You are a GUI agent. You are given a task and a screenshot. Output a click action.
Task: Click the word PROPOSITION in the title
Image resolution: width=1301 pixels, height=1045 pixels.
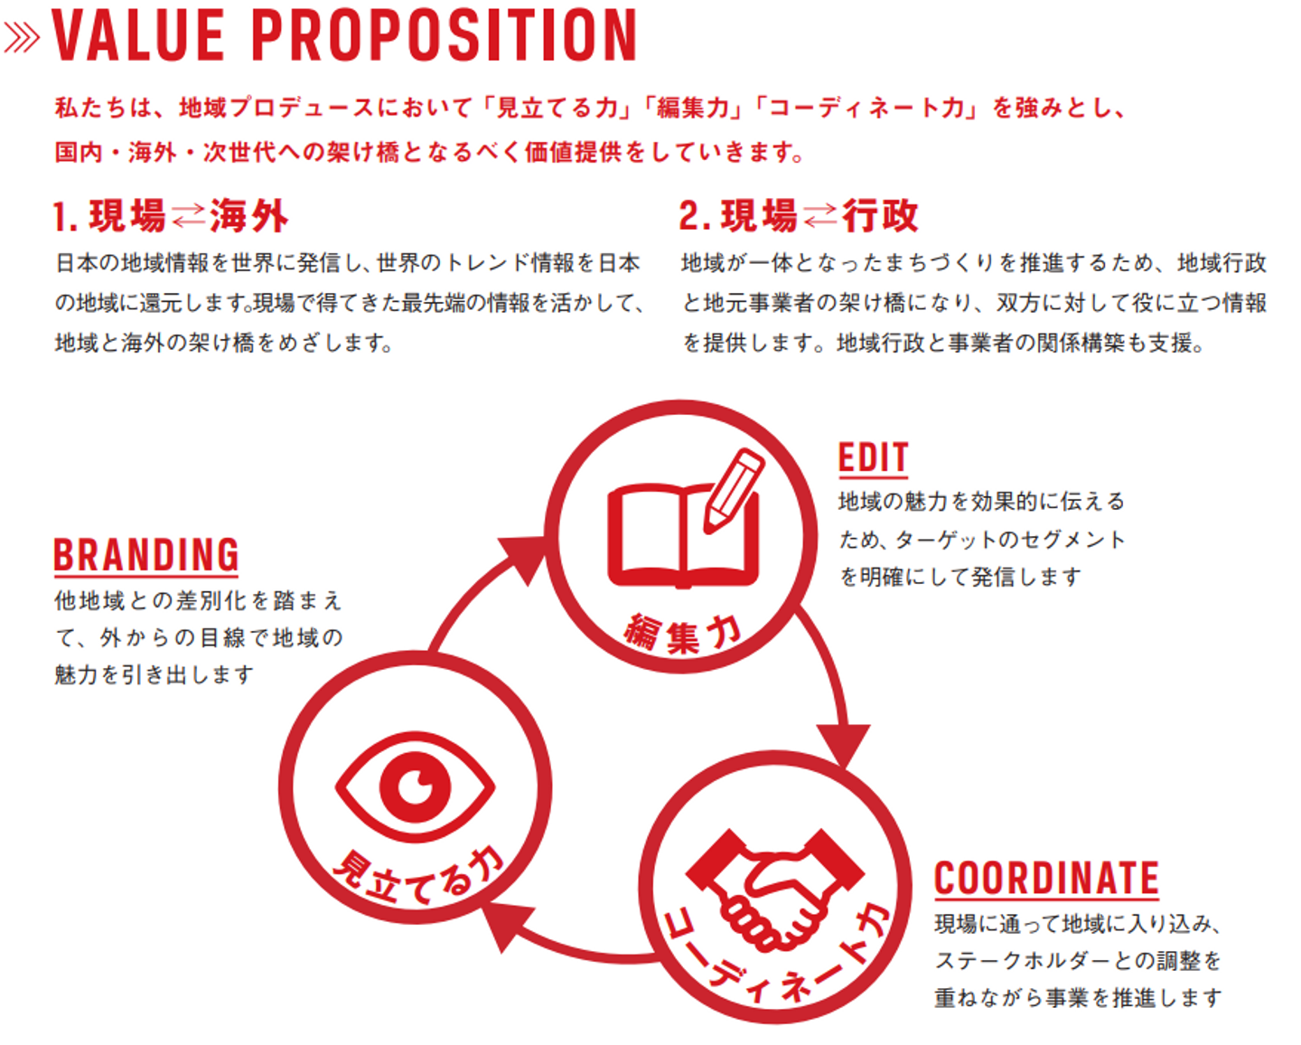(x=444, y=36)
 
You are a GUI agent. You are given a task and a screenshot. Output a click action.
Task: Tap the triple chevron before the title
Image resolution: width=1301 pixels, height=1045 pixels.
(x=22, y=37)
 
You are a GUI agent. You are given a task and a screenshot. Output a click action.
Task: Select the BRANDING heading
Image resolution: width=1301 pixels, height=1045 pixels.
(x=145, y=555)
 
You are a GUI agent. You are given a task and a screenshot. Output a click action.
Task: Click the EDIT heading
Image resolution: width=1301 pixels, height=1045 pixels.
(x=873, y=458)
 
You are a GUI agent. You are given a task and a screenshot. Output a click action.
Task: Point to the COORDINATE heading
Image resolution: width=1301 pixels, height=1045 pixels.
(x=1046, y=879)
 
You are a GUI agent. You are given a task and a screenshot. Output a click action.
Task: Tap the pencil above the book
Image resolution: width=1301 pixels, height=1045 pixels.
(x=734, y=489)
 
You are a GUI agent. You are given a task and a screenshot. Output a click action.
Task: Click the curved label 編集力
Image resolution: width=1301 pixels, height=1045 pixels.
(x=683, y=633)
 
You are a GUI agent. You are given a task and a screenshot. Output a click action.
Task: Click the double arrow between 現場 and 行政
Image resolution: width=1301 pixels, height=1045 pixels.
(x=819, y=216)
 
